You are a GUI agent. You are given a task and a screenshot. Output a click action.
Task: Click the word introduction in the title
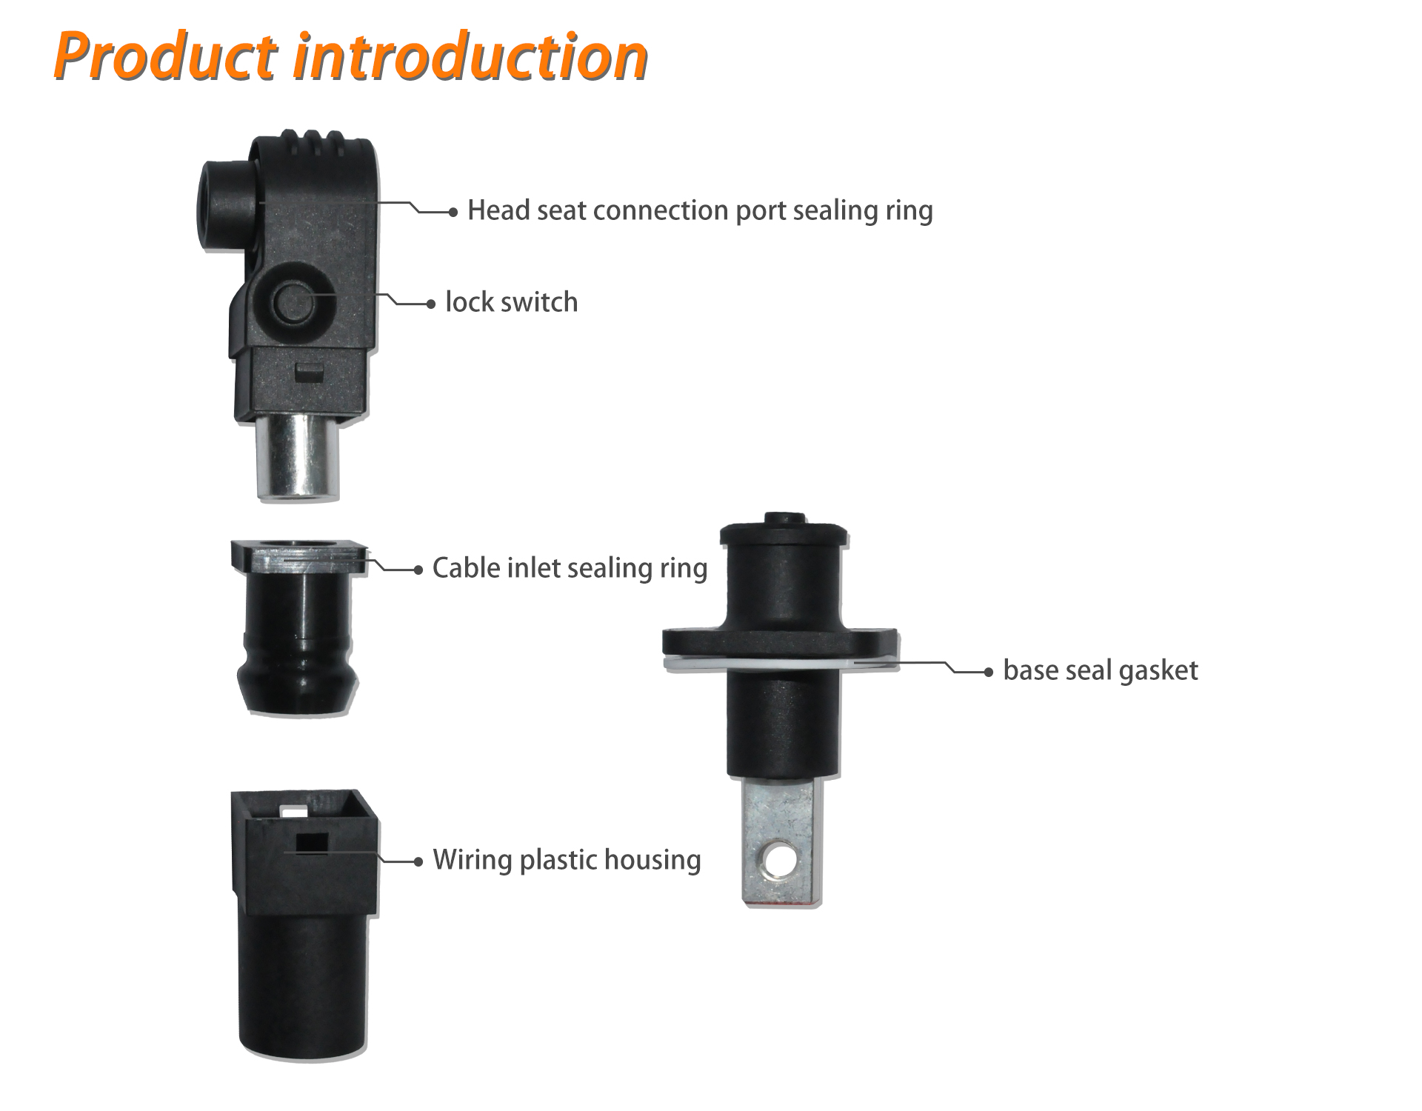(471, 56)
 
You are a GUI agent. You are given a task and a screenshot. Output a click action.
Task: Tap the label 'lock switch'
(511, 302)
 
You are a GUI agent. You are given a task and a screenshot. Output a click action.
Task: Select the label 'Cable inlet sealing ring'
(570, 568)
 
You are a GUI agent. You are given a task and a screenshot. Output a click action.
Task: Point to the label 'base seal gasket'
(1100, 670)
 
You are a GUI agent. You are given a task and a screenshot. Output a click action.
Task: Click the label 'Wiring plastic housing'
(567, 860)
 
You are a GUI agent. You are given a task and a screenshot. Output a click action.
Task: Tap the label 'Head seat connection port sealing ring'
(700, 210)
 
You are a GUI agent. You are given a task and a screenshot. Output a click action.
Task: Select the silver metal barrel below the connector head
(298, 457)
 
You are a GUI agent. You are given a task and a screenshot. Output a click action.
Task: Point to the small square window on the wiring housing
(312, 842)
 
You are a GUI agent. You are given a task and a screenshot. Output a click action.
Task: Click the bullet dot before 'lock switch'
(431, 304)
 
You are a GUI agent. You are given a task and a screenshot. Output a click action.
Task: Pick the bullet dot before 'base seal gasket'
(988, 672)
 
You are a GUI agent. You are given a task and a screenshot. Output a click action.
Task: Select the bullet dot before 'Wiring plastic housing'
(418, 861)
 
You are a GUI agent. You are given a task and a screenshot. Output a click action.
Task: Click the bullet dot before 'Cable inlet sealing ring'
(418, 570)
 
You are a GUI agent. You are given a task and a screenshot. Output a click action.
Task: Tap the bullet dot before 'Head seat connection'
(453, 212)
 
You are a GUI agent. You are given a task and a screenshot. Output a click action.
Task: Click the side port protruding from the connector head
(224, 206)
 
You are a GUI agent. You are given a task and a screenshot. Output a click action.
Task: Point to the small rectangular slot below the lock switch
(309, 373)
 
